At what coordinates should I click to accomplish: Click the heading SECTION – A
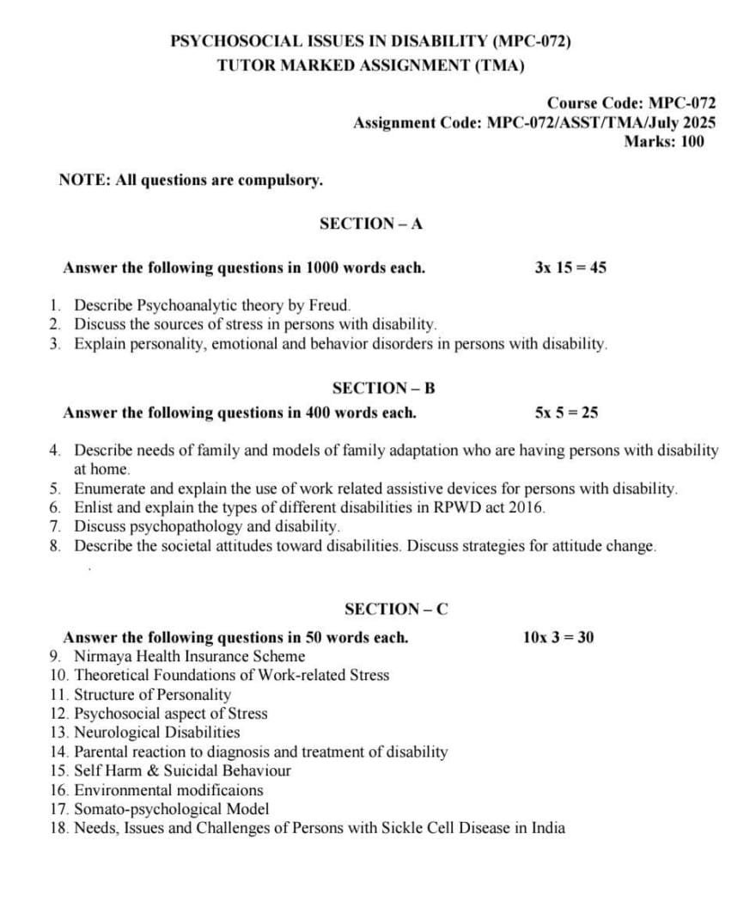(371, 224)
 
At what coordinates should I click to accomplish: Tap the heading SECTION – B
(383, 388)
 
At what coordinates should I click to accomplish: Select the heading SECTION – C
(396, 610)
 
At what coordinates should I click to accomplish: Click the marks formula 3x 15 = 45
(570, 267)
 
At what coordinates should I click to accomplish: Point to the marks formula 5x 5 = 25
(566, 413)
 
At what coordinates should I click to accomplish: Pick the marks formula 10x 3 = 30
(558, 637)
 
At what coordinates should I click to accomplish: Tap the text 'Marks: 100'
(663, 142)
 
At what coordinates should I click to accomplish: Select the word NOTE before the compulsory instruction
(81, 181)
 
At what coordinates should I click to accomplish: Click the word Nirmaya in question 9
(102, 656)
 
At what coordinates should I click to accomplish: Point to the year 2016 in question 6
(526, 507)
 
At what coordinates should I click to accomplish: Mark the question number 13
(59, 733)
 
